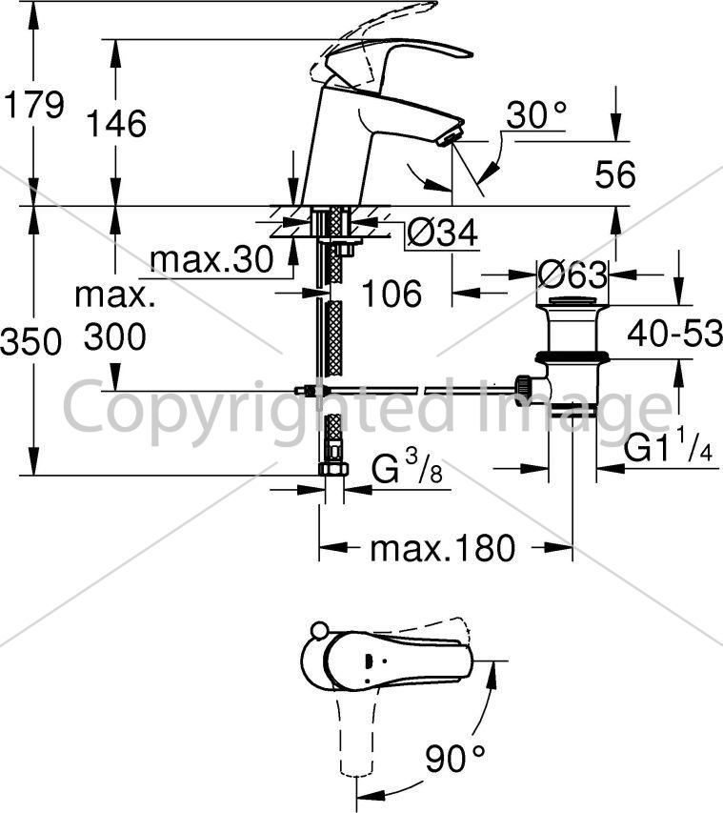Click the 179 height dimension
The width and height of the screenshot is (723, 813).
click(x=34, y=105)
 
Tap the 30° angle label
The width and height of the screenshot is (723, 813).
click(x=537, y=114)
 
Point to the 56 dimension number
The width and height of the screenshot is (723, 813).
click(x=615, y=174)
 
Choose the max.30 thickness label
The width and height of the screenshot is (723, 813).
click(x=211, y=259)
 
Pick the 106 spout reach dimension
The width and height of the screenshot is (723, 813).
click(x=392, y=294)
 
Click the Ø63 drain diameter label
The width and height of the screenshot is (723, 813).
click(x=572, y=274)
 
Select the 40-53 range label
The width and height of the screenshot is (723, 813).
click(x=674, y=333)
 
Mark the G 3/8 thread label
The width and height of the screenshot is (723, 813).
click(x=408, y=467)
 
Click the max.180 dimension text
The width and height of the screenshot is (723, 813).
click(x=443, y=547)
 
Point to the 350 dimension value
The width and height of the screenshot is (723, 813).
click(x=31, y=342)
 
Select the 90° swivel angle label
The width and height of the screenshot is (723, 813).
click(x=455, y=759)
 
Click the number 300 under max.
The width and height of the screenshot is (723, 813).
click(x=115, y=336)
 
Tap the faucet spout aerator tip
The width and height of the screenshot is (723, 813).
click(x=450, y=138)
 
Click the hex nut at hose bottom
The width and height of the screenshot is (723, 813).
click(x=333, y=469)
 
